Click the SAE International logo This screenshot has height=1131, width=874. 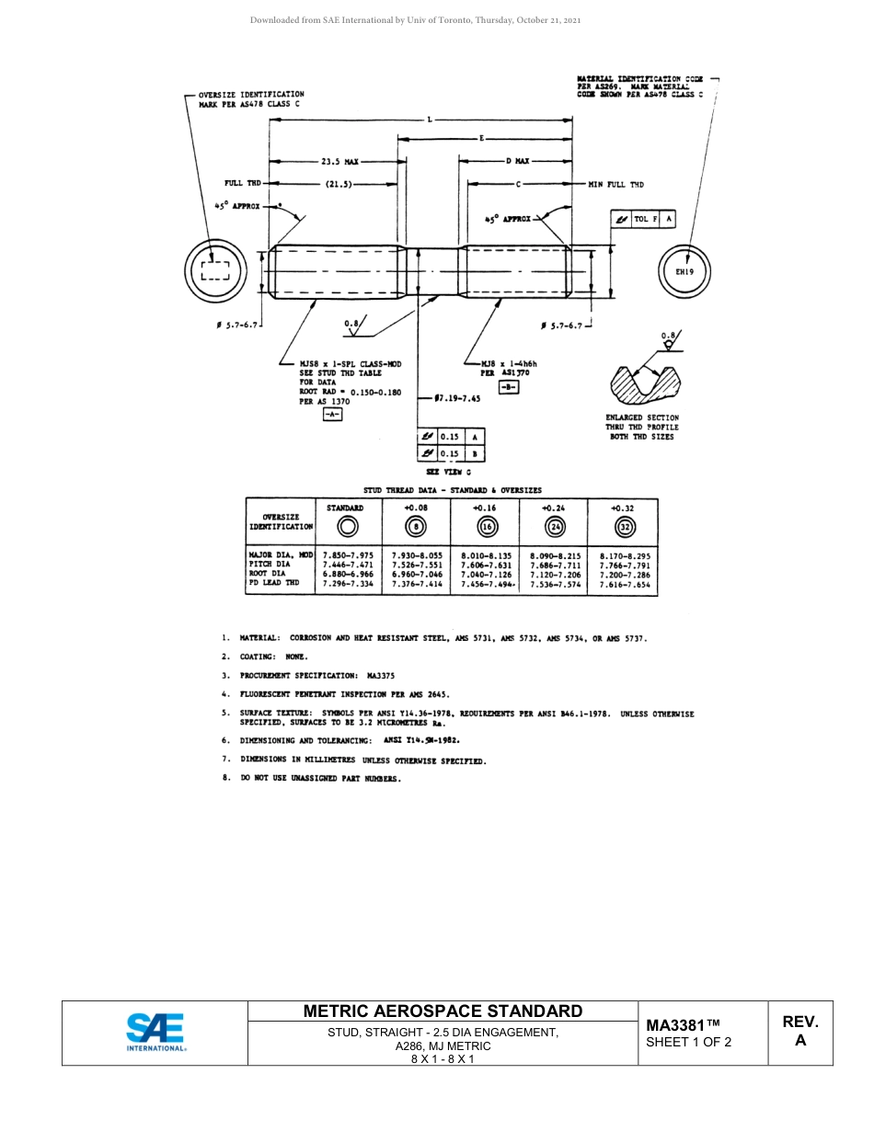[x=155, y=1032]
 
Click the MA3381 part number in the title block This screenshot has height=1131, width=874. [x=683, y=1025]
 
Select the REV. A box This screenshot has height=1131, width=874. [x=800, y=1032]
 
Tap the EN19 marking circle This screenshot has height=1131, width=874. [x=684, y=271]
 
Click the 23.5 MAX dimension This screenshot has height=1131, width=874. [x=339, y=161]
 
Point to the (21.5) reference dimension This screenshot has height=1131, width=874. [x=339, y=184]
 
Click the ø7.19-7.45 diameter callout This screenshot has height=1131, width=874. [x=460, y=399]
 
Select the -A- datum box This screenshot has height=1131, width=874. [x=332, y=415]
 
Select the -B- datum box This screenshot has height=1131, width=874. [x=509, y=387]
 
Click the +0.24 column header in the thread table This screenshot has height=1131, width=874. [x=553, y=508]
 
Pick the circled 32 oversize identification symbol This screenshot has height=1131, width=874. [x=626, y=527]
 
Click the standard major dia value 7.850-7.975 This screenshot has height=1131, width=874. [x=349, y=555]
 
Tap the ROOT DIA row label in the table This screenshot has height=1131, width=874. [x=268, y=574]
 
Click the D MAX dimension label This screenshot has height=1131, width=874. [x=518, y=161]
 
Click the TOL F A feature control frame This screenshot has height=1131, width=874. [x=644, y=219]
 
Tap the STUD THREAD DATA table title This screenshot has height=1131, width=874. [x=452, y=490]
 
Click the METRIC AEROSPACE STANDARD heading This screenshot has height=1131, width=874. [x=443, y=1011]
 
